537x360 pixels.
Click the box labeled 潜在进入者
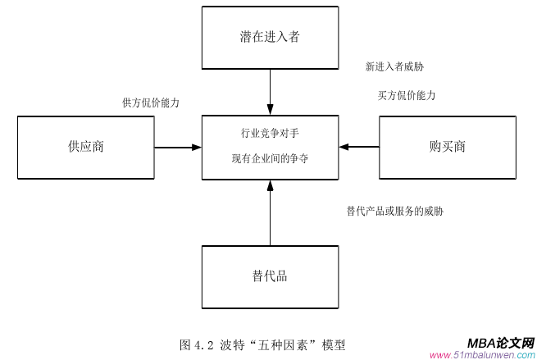[x=270, y=38]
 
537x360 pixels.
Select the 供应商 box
[x=86, y=148]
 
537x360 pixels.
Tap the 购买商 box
[x=448, y=148]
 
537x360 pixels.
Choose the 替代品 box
[x=270, y=276]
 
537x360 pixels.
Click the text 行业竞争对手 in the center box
[x=270, y=133]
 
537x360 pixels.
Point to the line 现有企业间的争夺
[x=270, y=159]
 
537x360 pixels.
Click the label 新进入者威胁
[x=394, y=66]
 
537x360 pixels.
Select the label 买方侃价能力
[x=406, y=95]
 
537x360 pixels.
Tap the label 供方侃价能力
[x=151, y=103]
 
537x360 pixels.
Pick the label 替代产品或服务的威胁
[x=395, y=211]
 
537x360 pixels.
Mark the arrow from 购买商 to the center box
[x=359, y=148]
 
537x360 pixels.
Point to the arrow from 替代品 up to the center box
[x=270, y=213]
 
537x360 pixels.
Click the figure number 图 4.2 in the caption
[x=197, y=344]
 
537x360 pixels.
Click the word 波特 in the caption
[x=233, y=344]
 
